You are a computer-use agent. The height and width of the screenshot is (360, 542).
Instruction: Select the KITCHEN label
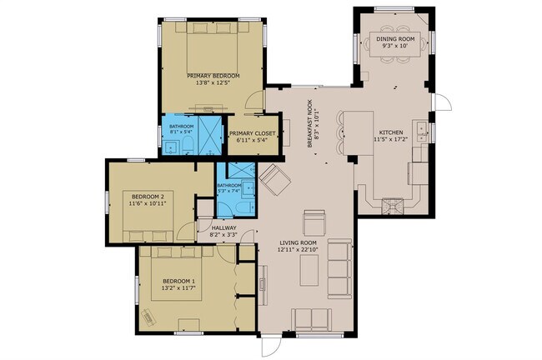(392, 132)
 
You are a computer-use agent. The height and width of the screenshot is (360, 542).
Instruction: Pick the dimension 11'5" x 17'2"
(392, 140)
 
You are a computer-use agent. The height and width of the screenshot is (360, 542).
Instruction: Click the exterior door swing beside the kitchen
(444, 104)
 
